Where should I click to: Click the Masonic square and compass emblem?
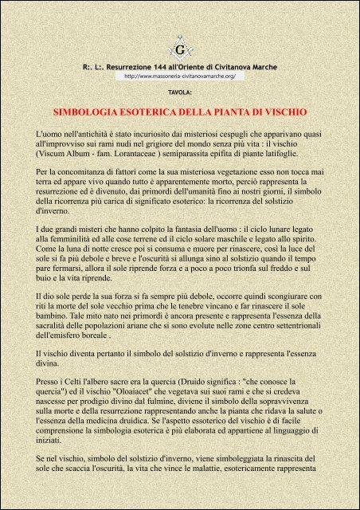point(179,51)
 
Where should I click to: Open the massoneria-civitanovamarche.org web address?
point(180,76)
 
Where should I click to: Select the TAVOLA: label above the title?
point(180,92)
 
